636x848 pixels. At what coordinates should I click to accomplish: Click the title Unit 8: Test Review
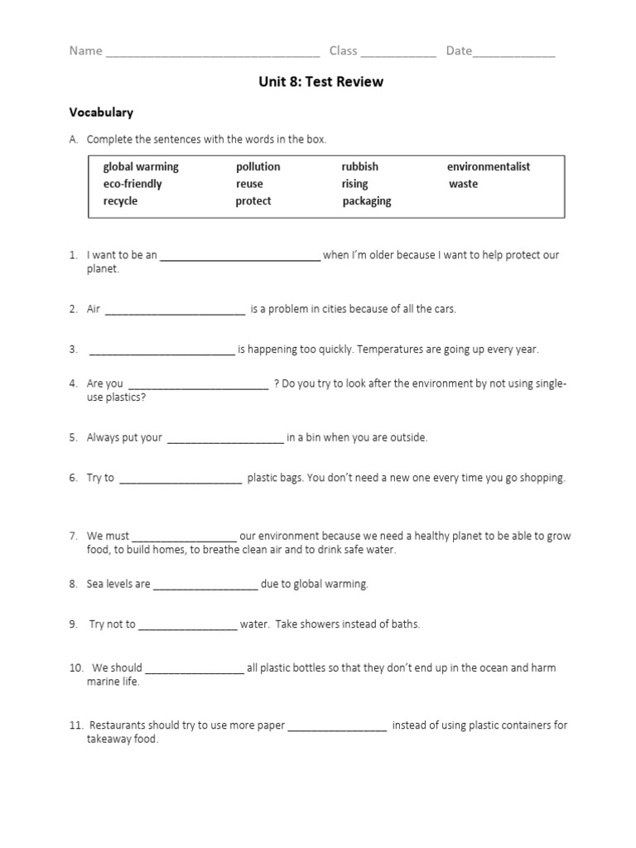[x=320, y=82]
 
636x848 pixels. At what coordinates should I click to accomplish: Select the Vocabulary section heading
[x=101, y=112]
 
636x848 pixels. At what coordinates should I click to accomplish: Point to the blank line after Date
[x=513, y=54]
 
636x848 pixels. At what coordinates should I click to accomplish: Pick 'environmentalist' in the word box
[x=489, y=166]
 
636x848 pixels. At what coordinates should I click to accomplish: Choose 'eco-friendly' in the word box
[x=132, y=184]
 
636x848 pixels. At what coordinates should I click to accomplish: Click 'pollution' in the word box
[x=258, y=166]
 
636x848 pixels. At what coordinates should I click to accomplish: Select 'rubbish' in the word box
[x=359, y=166]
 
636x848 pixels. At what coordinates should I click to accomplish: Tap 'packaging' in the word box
[x=367, y=201]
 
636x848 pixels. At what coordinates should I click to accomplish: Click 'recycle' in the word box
[x=120, y=201]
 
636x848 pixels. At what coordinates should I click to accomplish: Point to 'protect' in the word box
[x=253, y=201]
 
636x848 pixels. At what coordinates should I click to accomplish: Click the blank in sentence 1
[x=239, y=258]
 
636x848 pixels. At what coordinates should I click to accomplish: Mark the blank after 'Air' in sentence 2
[x=176, y=312]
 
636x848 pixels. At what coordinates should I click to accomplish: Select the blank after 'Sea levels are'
[x=205, y=587]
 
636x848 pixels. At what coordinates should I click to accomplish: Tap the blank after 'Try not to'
[x=188, y=628]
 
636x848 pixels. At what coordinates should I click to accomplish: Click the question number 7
[x=73, y=536]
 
